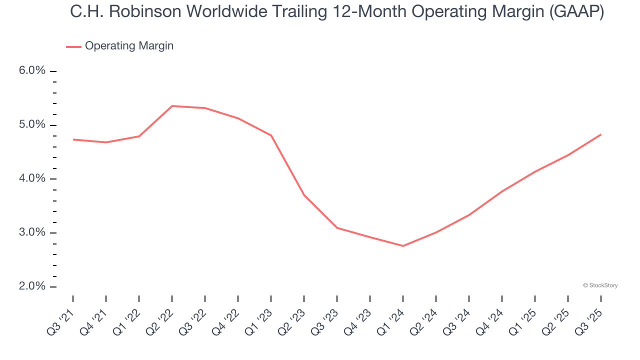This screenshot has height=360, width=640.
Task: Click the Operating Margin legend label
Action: coord(129,46)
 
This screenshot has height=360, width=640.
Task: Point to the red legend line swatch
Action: coord(73,47)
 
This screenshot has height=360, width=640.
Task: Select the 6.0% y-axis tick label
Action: coord(32,71)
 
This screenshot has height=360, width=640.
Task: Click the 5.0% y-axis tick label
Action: coord(32,125)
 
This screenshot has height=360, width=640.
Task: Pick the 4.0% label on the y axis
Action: coord(32,179)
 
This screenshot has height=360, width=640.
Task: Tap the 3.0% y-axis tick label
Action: coord(32,233)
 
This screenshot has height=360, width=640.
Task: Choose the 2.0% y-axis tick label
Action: coord(32,286)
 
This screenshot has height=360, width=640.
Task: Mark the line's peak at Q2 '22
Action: coord(172,106)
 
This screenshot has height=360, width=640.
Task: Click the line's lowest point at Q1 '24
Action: coord(403,246)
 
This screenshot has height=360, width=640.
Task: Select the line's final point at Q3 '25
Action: coord(600,134)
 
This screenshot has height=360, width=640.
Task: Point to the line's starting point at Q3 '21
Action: coord(73,139)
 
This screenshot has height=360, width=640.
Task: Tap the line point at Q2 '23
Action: coord(304,195)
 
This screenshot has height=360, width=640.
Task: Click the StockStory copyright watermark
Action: coord(600,285)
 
